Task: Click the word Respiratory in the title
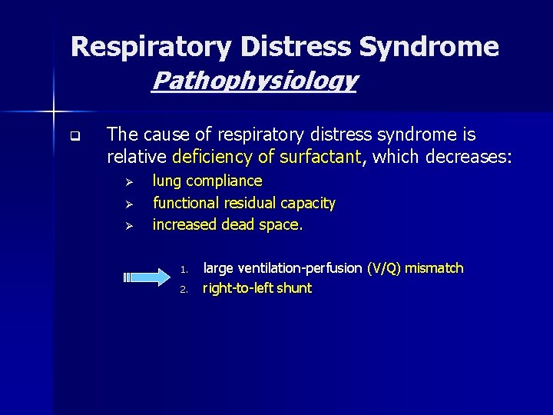(x=151, y=48)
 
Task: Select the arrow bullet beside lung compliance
(x=130, y=183)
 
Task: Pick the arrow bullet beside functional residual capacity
(x=130, y=204)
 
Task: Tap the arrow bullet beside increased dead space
(x=130, y=226)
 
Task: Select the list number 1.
(x=184, y=270)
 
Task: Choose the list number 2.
(x=184, y=290)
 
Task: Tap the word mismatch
(x=435, y=268)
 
